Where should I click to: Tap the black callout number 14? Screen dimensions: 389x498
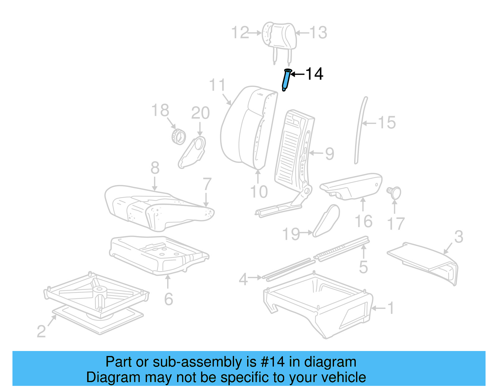click(x=314, y=74)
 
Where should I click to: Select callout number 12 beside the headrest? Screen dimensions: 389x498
click(x=240, y=33)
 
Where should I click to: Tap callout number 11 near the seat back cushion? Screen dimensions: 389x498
click(x=217, y=85)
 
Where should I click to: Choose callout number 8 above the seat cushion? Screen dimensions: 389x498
click(x=155, y=168)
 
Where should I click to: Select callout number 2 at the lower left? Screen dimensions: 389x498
click(x=41, y=331)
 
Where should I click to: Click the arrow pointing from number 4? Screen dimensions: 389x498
click(x=255, y=277)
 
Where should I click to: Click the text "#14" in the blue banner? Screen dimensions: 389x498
click(x=273, y=362)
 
